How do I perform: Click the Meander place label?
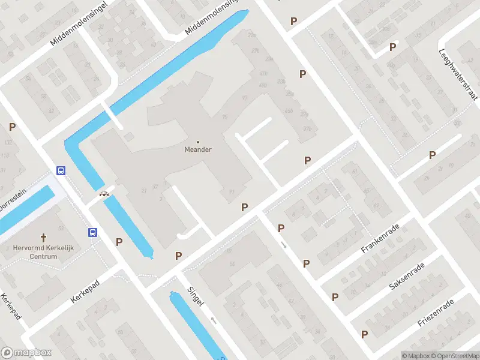click(x=198, y=150)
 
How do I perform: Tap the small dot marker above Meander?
click(x=198, y=142)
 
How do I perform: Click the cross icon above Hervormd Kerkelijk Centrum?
click(x=44, y=238)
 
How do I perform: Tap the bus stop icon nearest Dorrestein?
click(x=61, y=170)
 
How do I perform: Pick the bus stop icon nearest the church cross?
click(x=92, y=232)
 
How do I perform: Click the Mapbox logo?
click(x=26, y=353)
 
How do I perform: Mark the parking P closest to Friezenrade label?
click(x=364, y=334)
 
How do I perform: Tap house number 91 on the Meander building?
click(x=231, y=191)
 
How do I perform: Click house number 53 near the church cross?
click(x=60, y=229)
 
